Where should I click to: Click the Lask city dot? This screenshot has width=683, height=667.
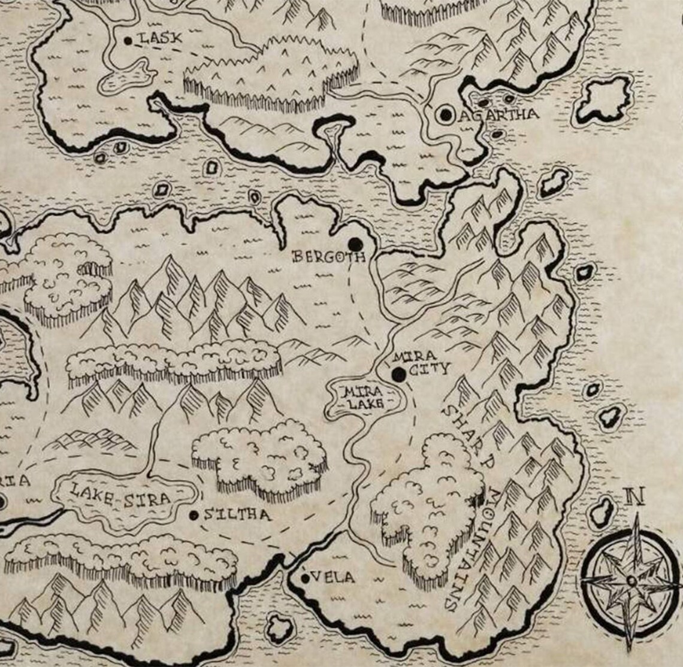pos(128,41)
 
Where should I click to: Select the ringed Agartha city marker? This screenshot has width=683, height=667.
pos(445,115)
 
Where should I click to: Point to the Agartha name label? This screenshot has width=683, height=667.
pos(498,114)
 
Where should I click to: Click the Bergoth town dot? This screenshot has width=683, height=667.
pos(356,244)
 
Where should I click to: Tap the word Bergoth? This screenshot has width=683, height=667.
pos(328,257)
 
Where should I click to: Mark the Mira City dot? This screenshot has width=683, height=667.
pos(398,375)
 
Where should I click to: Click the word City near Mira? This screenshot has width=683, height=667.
pos(430,369)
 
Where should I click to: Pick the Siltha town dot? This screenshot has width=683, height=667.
pos(194,515)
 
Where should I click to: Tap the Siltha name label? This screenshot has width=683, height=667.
pos(237,515)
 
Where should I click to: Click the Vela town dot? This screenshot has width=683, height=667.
pos(305,578)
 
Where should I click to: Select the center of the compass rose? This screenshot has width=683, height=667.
pos(631,580)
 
